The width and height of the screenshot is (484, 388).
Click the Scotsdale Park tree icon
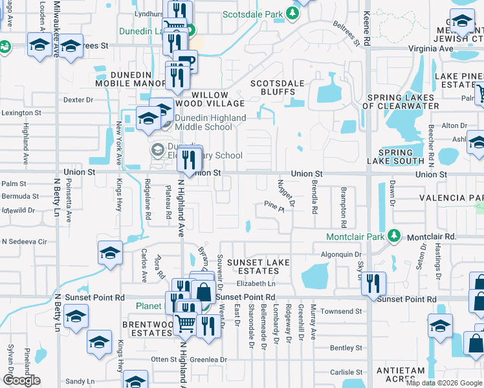point(293,14)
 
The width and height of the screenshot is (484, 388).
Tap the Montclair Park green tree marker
point(393,237)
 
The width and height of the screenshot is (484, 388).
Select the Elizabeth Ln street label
point(256,283)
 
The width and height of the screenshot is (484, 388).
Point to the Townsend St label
point(341,312)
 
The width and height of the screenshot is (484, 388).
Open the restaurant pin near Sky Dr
point(373,283)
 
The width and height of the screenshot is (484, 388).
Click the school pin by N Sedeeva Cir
point(110,253)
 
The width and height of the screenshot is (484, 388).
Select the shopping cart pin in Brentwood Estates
point(186,322)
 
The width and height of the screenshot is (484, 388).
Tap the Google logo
point(21,380)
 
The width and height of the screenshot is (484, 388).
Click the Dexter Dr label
point(79,100)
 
